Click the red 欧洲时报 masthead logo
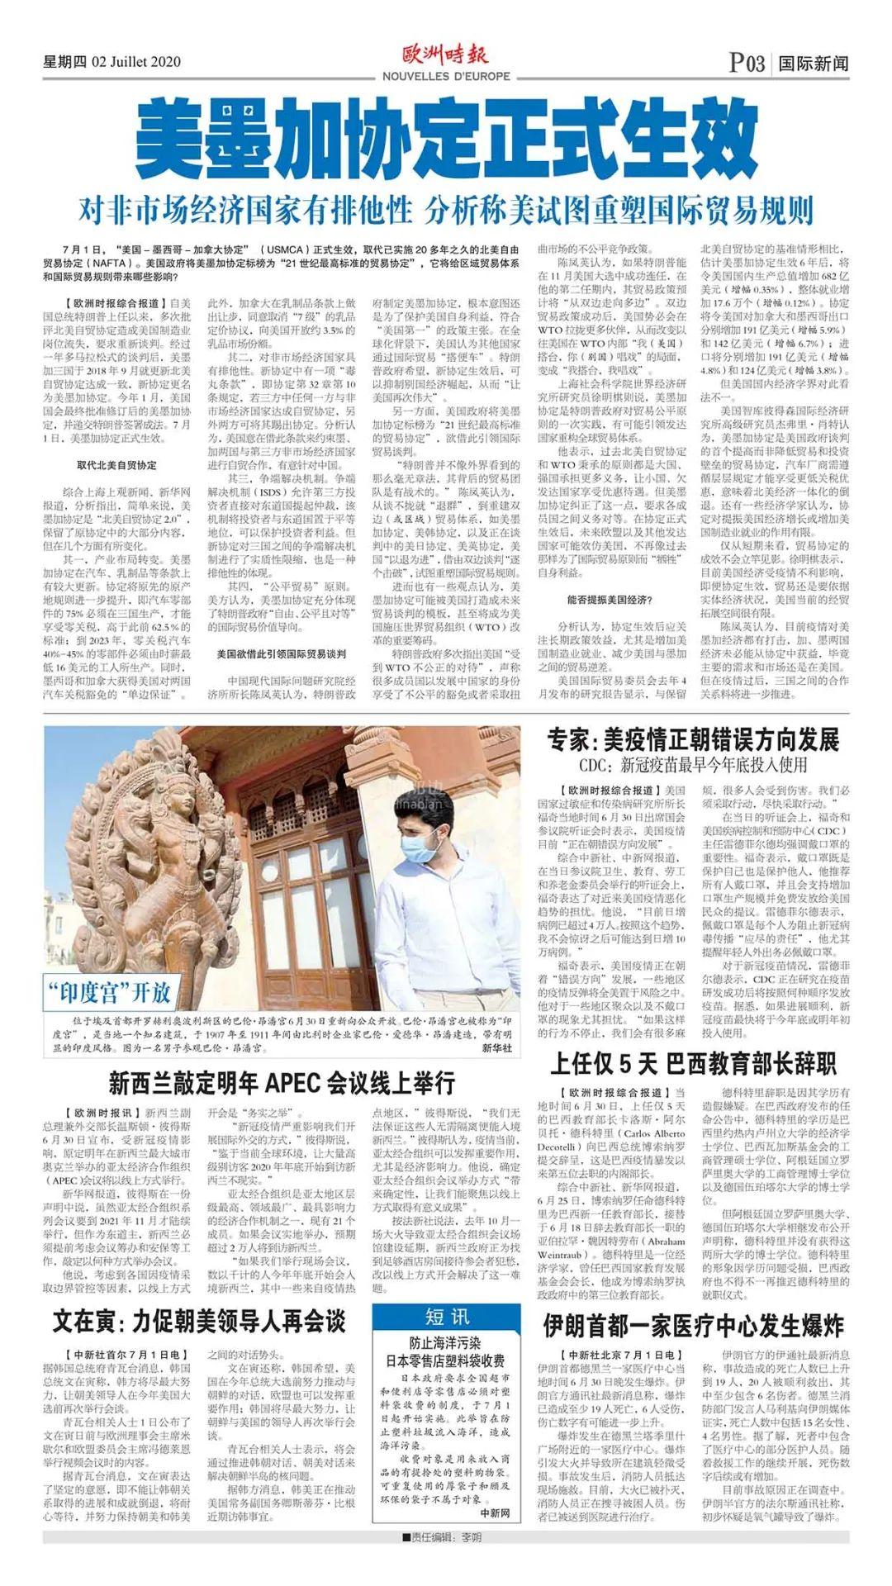[x=445, y=55]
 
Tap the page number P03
[x=747, y=64]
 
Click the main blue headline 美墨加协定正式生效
[x=446, y=137]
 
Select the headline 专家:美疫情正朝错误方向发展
[x=692, y=738]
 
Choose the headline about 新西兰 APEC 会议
[x=281, y=1081]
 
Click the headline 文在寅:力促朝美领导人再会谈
[x=198, y=1321]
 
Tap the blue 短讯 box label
[x=446, y=1317]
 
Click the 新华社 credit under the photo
[x=496, y=1048]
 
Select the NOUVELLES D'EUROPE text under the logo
[x=446, y=77]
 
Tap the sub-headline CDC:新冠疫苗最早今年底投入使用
[x=692, y=765]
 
